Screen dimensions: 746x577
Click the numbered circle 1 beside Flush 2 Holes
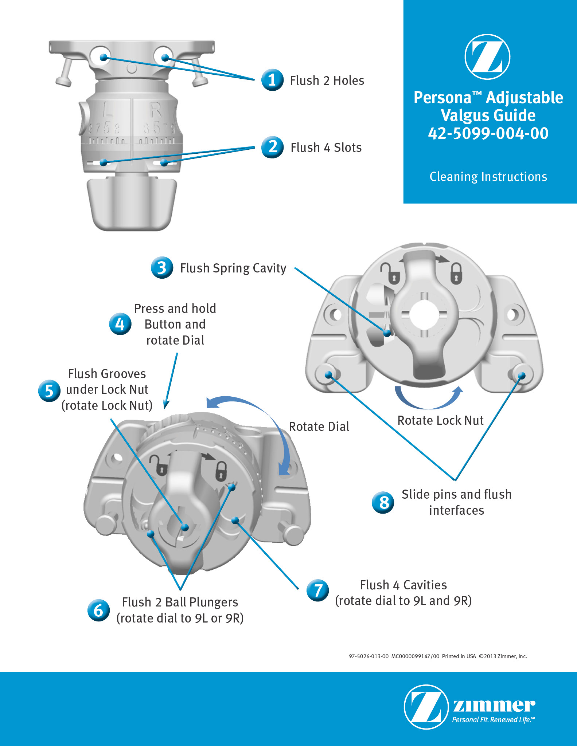click(x=272, y=80)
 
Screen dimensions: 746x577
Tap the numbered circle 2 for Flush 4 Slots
click(x=272, y=147)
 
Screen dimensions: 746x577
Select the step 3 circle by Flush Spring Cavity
click(x=162, y=268)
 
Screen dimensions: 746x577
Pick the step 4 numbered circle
click(x=120, y=324)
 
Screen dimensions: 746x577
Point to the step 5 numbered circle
click(x=49, y=390)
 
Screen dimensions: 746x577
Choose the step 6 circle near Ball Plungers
click(x=98, y=610)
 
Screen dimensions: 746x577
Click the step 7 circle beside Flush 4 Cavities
click(x=318, y=590)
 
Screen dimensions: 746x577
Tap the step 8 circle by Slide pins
click(x=383, y=503)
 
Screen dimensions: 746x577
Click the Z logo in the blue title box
click(x=487, y=57)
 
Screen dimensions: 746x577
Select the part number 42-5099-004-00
click(x=488, y=133)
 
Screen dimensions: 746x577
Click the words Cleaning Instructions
click(x=488, y=177)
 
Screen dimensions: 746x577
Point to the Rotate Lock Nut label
click(x=440, y=420)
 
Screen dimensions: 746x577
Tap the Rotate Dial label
click(x=319, y=427)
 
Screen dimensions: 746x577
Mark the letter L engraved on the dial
click(x=108, y=109)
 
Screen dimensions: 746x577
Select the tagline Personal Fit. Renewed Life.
click(x=493, y=720)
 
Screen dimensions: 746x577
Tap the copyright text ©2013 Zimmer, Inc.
click(x=503, y=656)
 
